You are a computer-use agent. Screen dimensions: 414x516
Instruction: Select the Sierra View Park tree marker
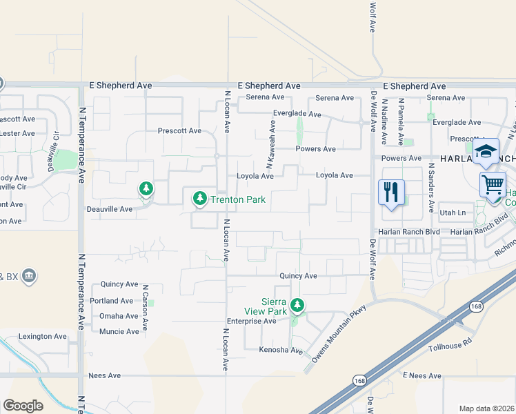point(297,304)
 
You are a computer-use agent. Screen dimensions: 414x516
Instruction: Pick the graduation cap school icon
point(486,152)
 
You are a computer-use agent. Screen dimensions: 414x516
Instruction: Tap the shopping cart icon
point(493,185)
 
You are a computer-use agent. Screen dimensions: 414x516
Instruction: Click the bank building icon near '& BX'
point(29,277)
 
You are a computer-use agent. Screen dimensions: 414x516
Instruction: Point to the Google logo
point(23,405)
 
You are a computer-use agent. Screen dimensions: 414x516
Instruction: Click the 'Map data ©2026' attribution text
point(486,408)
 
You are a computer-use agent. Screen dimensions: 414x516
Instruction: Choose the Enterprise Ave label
point(252,322)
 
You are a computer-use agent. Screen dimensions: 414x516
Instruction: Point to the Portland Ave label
point(112,301)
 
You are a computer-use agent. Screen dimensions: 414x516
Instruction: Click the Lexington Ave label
point(44,336)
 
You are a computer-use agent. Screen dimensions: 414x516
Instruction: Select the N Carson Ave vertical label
point(146,305)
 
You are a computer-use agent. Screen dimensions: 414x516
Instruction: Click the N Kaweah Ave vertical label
point(272,141)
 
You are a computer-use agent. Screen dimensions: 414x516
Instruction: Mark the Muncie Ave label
point(119,331)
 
